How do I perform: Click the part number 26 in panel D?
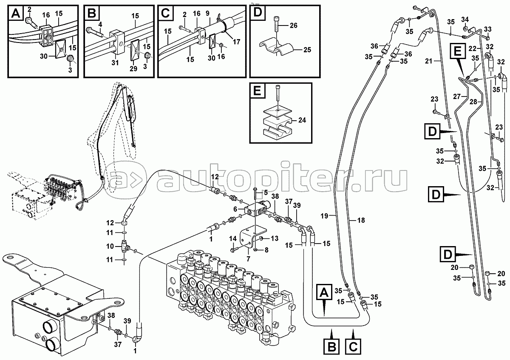(294, 25)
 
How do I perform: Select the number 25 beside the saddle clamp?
(307, 50)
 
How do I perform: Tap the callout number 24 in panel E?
(302, 120)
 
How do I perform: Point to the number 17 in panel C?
(237, 42)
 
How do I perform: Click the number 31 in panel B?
(115, 62)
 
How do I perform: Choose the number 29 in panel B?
(133, 68)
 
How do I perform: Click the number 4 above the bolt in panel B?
(100, 25)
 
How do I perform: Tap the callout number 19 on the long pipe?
(324, 215)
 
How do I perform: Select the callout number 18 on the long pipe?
(361, 220)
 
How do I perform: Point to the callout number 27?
(457, 96)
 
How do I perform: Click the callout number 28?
(473, 102)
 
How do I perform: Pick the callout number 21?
(428, 61)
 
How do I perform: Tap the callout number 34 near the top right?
(465, 20)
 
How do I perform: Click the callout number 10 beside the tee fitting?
(110, 246)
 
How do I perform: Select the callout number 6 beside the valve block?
(235, 209)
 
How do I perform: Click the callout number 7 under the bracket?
(248, 259)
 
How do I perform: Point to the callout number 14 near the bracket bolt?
(233, 238)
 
